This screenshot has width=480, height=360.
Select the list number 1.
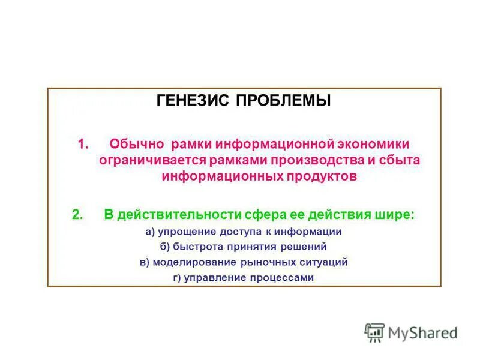[83, 144]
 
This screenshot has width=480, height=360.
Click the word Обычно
[137, 144]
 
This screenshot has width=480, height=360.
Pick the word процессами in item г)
[286, 278]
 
